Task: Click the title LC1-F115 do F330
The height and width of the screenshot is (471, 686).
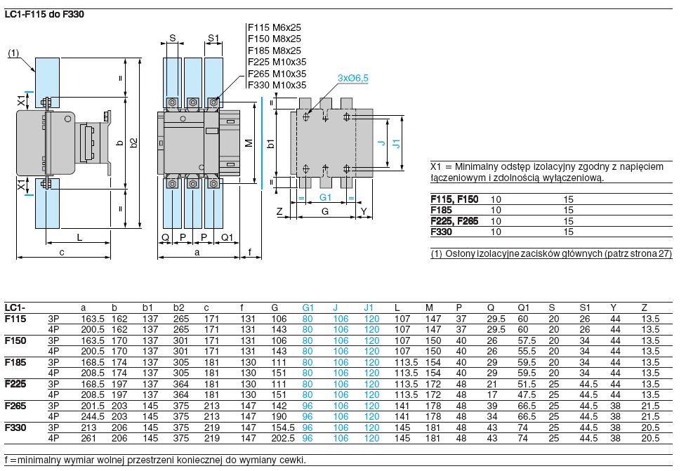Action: pos(44,13)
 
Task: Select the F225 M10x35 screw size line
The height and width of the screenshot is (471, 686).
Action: pos(277,62)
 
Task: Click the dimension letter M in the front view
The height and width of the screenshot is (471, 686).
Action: pos(249,142)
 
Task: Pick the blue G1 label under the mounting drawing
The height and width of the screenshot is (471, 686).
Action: pos(324,199)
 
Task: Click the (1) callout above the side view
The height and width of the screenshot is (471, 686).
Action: pos(13,53)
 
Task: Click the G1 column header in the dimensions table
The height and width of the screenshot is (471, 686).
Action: pos(308,307)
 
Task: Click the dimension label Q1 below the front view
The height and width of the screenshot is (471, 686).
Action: pos(227,237)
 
